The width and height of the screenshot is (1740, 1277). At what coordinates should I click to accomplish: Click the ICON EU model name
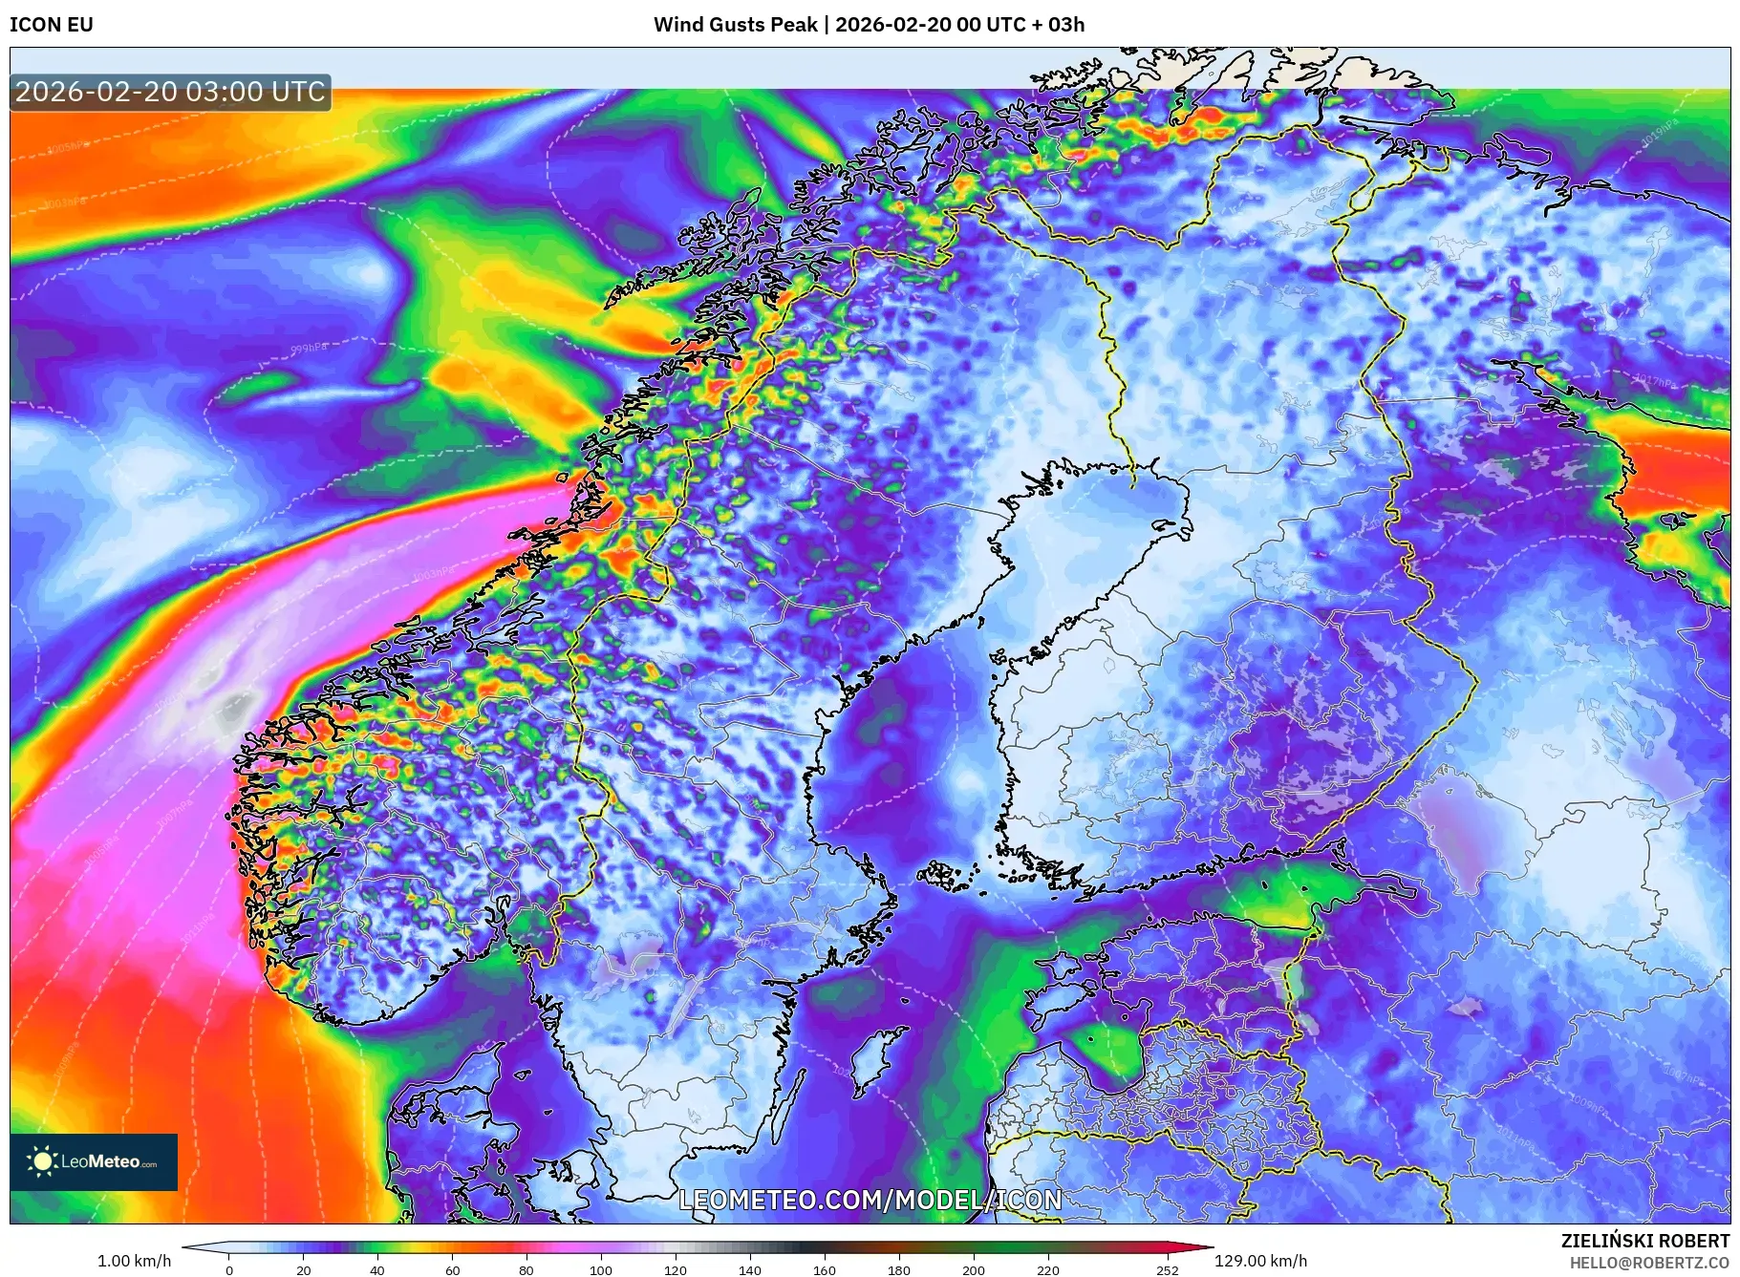tap(52, 25)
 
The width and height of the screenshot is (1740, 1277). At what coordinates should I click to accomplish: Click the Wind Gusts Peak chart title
tap(869, 25)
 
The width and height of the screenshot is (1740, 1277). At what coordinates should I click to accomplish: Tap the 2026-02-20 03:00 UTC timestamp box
tap(170, 92)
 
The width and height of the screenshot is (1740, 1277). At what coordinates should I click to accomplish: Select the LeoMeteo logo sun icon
tap(42, 1161)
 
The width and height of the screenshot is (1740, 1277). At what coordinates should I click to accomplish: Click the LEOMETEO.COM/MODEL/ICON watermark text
tap(870, 1200)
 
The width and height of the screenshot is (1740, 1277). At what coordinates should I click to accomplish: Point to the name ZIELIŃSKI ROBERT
tap(1644, 1241)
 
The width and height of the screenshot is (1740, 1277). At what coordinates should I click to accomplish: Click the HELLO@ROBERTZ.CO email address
tap(1649, 1263)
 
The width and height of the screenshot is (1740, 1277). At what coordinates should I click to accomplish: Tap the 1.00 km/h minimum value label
tap(134, 1261)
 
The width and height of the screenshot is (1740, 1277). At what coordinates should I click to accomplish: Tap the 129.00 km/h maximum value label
tap(1260, 1261)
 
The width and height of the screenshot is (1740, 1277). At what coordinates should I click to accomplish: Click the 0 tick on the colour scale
tap(229, 1270)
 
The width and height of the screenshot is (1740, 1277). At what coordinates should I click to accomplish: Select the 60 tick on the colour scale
tap(452, 1270)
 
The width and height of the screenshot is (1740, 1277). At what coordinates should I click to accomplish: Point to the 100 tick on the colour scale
tap(601, 1270)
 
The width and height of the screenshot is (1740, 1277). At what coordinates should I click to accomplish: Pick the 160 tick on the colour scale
tap(825, 1270)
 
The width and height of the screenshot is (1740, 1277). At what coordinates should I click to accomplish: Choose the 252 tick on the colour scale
tap(1168, 1270)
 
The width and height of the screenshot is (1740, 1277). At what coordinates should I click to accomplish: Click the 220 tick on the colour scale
tap(1048, 1270)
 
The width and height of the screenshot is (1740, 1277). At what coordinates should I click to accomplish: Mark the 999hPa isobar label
tap(309, 349)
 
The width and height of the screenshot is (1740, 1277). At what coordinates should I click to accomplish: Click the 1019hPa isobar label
tap(1659, 134)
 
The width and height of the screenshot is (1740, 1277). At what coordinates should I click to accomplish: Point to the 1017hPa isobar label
tap(1655, 382)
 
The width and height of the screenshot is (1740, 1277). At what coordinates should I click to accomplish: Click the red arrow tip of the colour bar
tap(1209, 1247)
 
